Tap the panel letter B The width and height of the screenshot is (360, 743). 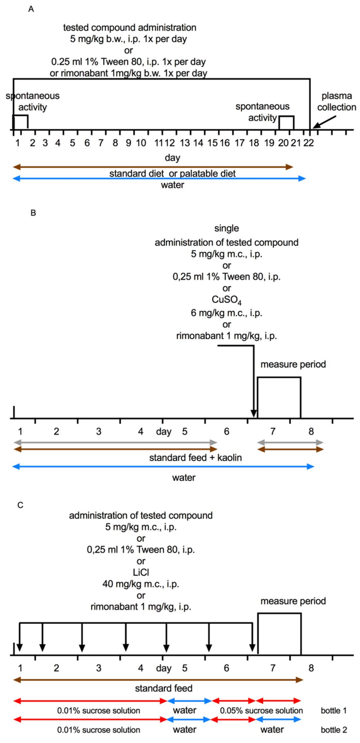click(33, 213)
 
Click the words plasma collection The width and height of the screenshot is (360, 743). click(337, 102)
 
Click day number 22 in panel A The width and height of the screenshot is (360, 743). click(308, 143)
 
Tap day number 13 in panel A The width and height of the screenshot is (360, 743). click(185, 143)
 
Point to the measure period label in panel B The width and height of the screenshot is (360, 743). click(293, 364)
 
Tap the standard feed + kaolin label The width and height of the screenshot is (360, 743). click(195, 458)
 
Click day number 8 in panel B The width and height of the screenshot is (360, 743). click(311, 432)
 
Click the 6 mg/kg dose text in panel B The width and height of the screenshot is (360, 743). click(226, 313)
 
